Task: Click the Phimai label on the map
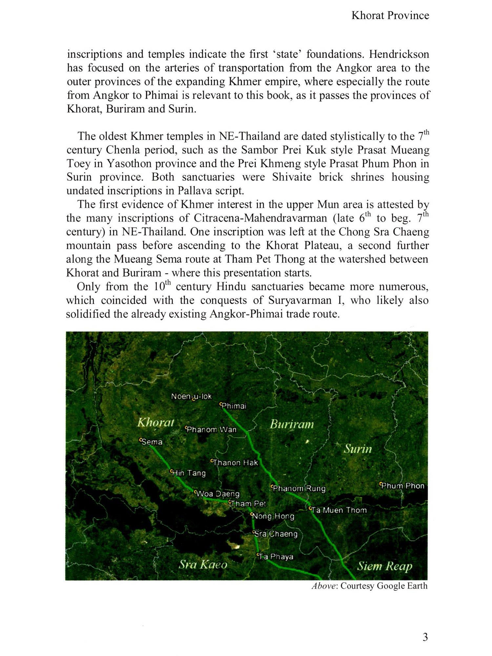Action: pyautogui.click(x=234, y=406)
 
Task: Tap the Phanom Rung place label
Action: pyautogui.click(x=299, y=488)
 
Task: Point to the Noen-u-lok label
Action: pyautogui.click(x=192, y=397)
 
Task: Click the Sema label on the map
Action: pyautogui.click(x=152, y=442)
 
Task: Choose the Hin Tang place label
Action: pyautogui.click(x=189, y=473)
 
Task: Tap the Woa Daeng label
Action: pyautogui.click(x=217, y=494)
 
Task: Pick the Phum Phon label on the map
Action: pyautogui.click(x=402, y=486)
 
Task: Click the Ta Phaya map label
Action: pyautogui.click(x=275, y=557)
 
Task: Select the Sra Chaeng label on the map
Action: pyautogui.click(x=276, y=534)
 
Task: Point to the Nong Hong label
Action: pyautogui.click(x=273, y=516)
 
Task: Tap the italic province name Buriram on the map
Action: pyautogui.click(x=292, y=424)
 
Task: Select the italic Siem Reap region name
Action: pyautogui.click(x=384, y=566)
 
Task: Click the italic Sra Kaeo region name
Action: pyautogui.click(x=203, y=564)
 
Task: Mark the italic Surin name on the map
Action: pyautogui.click(x=358, y=449)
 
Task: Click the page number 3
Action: pyautogui.click(x=425, y=637)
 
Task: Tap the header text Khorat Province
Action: pyautogui.click(x=390, y=15)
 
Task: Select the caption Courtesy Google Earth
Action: pyautogui.click(x=384, y=586)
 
